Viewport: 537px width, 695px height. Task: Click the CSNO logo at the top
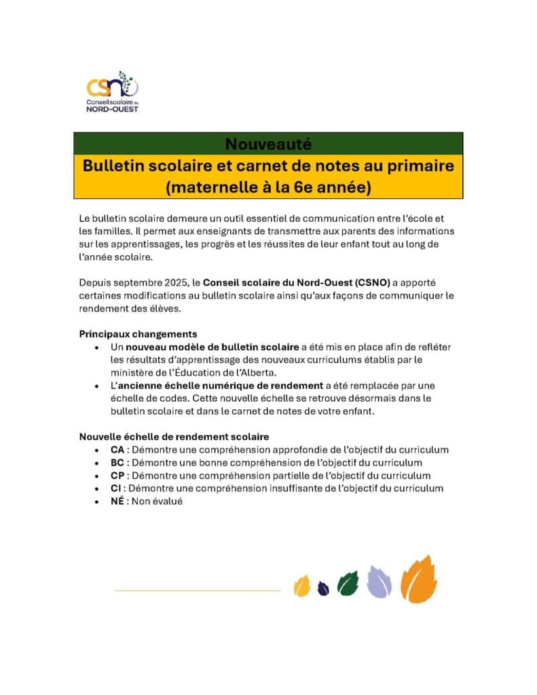[x=112, y=91]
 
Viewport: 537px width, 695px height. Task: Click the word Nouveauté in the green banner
[x=268, y=143]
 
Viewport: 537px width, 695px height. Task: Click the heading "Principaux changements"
[x=138, y=334]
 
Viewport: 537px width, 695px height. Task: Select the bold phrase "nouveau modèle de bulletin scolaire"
[x=212, y=347]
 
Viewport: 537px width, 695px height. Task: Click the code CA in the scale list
[x=117, y=449]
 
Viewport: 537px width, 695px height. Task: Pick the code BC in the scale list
[x=117, y=462]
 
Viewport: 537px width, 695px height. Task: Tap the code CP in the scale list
[x=117, y=475]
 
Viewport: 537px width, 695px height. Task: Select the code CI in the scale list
[x=116, y=488]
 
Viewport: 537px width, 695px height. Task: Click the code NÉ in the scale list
[x=117, y=501]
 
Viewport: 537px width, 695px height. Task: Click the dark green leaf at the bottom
[x=348, y=583]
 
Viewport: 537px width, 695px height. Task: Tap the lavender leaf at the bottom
[x=379, y=582]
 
